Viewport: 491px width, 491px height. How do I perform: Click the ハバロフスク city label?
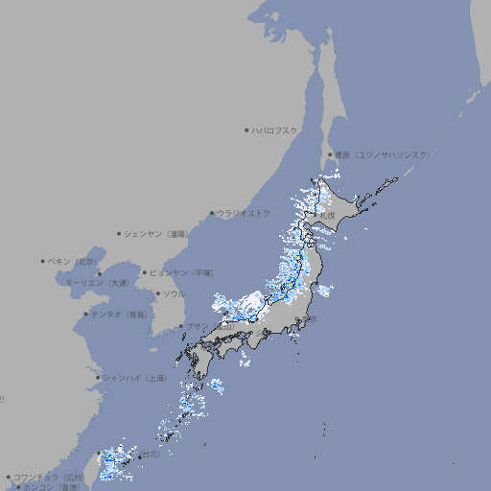pos(274,129)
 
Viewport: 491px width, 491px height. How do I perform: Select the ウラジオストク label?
pos(244,213)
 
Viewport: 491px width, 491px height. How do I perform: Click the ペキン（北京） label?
pos(73,261)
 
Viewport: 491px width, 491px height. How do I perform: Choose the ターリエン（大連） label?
pos(96,283)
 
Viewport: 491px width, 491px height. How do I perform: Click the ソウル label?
pos(174,293)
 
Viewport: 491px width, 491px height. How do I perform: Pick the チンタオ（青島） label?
pos(119,314)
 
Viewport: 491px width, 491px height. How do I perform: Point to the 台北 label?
pos(152,455)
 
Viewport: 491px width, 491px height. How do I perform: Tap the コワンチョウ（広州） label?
pos(49,477)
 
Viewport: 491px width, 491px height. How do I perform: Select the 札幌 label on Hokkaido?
pos(327,216)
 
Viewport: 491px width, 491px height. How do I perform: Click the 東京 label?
pos(311,318)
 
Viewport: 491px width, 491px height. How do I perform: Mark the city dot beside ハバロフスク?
pos(246,129)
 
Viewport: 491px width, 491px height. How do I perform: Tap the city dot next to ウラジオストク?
pos(212,213)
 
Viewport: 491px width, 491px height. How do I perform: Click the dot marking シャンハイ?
pos(98,378)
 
